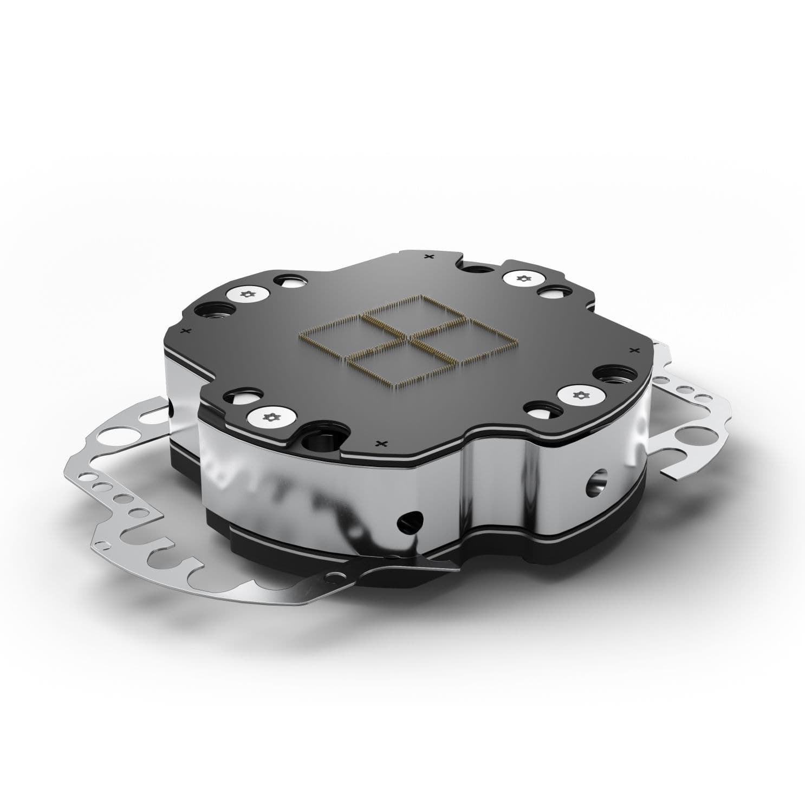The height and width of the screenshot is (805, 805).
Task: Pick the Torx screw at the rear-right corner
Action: [x=523, y=278]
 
